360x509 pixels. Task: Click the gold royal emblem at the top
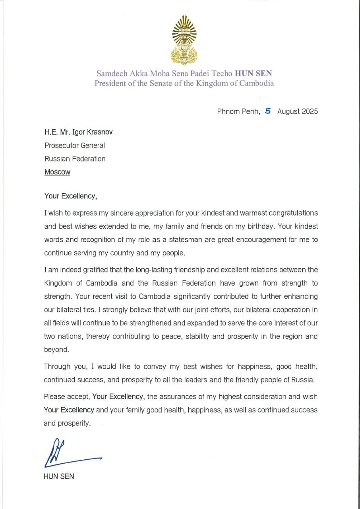click(184, 40)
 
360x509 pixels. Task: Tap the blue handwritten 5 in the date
click(268, 111)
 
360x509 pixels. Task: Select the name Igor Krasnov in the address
click(90, 132)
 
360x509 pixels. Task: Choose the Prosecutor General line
click(74, 146)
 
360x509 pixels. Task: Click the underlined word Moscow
click(57, 172)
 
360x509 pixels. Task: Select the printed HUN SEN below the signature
click(59, 476)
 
